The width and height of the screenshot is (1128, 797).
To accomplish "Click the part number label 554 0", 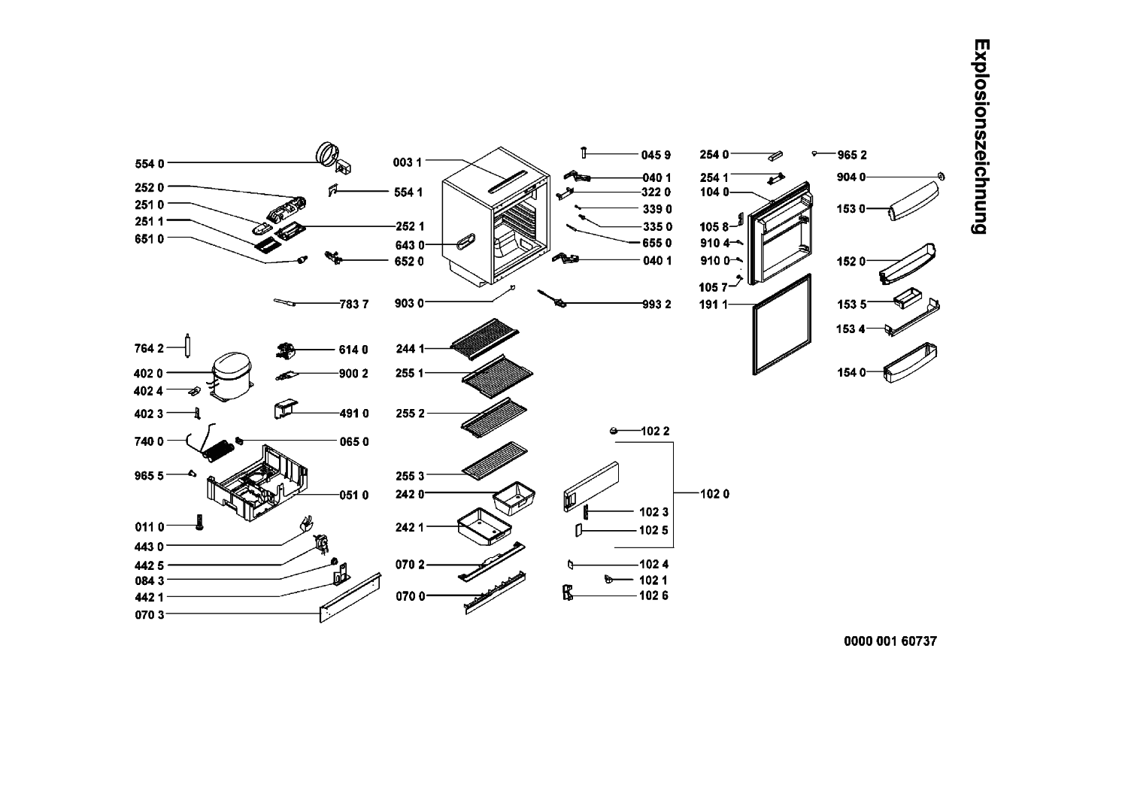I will click(x=149, y=163).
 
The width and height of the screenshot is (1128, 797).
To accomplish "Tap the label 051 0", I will click(x=353, y=495).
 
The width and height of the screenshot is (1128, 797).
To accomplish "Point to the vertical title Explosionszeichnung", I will click(x=980, y=136).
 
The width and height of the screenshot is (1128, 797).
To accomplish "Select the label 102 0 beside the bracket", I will click(x=714, y=494).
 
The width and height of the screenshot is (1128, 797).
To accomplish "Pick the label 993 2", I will click(x=656, y=304).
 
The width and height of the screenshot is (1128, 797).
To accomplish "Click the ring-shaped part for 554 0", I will click(x=329, y=153).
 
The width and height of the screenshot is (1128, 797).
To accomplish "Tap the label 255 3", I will click(x=410, y=475).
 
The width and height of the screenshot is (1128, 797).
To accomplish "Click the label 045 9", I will click(x=656, y=155).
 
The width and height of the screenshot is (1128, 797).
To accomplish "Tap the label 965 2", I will click(x=852, y=155).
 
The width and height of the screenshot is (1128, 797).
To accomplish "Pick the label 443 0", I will click(x=149, y=547).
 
